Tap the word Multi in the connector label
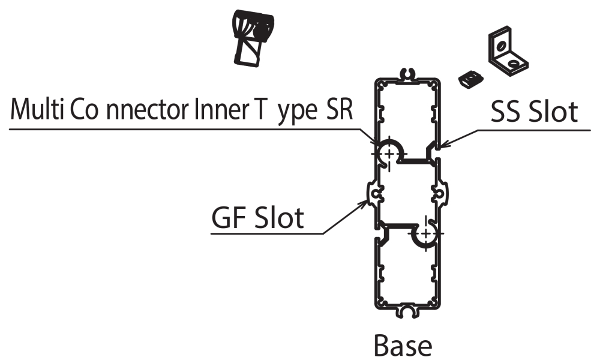pyautogui.click(x=37, y=111)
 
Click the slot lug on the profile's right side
pyautogui.click(x=439, y=194)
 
